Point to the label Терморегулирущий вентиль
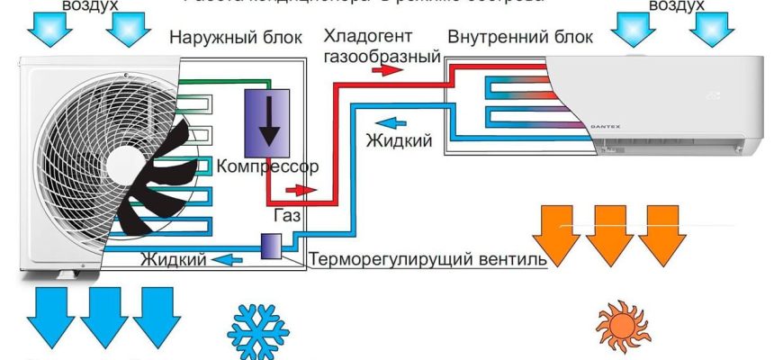tap(427, 260)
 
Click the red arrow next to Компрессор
tap(301, 191)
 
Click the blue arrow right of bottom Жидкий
tap(231, 260)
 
